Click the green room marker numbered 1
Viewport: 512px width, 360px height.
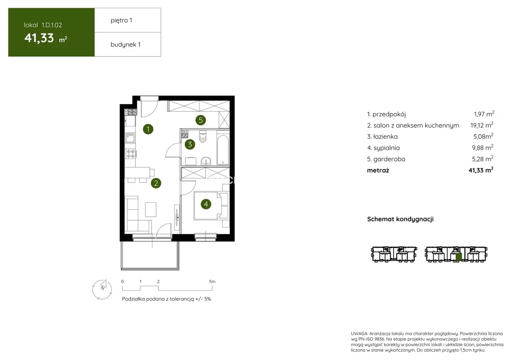point(148,129)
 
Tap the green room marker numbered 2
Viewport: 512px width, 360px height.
point(156,183)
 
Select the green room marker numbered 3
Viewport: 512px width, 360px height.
point(190,145)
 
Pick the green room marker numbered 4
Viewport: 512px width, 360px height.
point(206,204)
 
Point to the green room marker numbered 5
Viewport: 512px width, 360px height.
point(201,120)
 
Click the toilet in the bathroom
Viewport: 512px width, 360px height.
point(203,137)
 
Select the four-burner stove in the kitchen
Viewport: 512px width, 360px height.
point(131,154)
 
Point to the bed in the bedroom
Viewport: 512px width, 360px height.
point(208,206)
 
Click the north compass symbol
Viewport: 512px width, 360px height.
point(102,289)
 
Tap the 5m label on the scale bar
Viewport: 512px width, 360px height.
point(212,282)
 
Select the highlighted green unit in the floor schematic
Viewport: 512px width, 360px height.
point(459,257)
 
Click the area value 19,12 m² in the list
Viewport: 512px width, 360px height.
point(482,125)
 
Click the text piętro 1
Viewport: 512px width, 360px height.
point(122,20)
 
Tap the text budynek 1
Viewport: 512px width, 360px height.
point(126,45)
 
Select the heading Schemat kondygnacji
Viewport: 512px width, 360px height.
point(400,219)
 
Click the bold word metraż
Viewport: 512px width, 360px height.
point(378,170)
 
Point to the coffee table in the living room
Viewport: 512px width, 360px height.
point(151,209)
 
